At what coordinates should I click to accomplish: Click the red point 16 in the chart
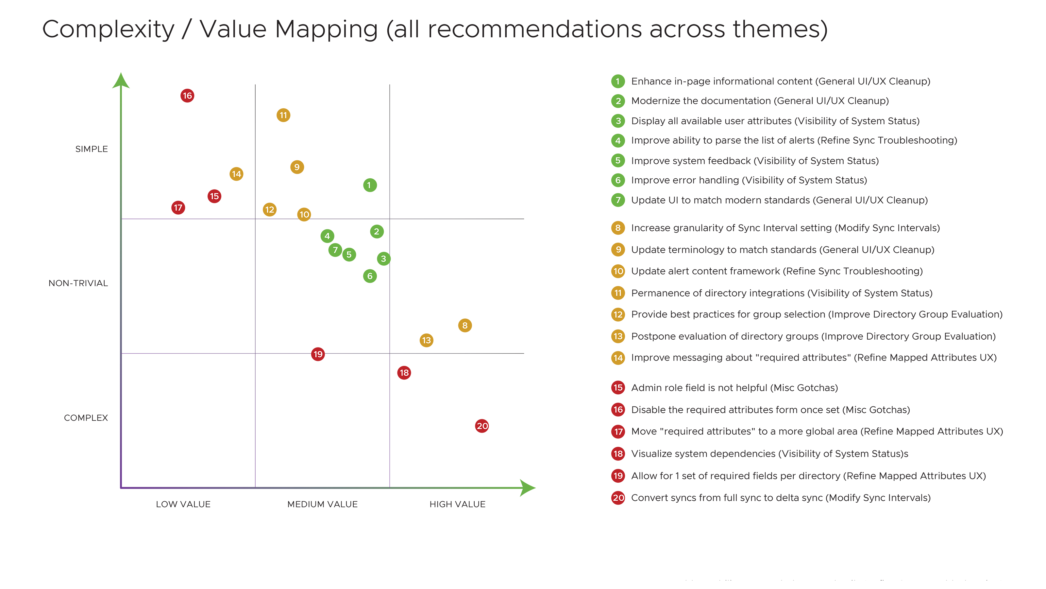[x=187, y=96]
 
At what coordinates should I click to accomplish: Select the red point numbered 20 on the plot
[x=482, y=426]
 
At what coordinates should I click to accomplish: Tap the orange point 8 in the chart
[x=465, y=325]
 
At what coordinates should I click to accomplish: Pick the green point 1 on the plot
[x=369, y=185]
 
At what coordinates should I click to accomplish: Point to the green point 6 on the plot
[x=369, y=276]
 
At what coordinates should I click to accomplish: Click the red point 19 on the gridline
[x=318, y=354]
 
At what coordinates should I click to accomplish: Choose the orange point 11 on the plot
[x=283, y=115]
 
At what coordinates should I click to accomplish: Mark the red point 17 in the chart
[x=178, y=208]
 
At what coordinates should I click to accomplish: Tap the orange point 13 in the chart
[x=426, y=340]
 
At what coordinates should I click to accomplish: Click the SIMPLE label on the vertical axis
[x=92, y=149]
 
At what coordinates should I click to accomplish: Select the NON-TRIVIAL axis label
[x=78, y=283]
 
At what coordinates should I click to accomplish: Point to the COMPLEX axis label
[x=86, y=418]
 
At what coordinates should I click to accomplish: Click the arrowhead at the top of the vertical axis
[x=121, y=81]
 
